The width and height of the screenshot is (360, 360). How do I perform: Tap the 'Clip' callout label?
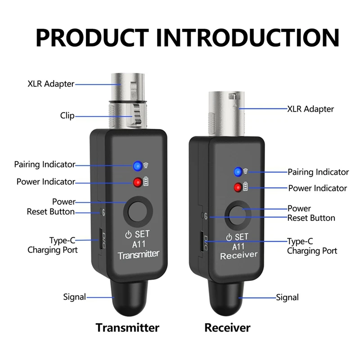click(x=67, y=116)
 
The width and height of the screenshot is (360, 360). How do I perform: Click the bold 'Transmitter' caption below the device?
click(x=127, y=327)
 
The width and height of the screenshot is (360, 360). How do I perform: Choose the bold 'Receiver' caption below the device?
click(x=228, y=327)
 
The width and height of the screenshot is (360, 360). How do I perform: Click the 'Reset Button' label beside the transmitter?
click(x=50, y=211)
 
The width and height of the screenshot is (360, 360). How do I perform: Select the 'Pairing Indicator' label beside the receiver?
click(x=318, y=172)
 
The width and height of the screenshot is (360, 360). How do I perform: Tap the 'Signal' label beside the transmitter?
click(x=74, y=297)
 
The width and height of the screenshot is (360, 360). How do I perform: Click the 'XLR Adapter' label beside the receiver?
click(x=310, y=109)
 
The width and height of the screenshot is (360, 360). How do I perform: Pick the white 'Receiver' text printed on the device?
click(x=238, y=255)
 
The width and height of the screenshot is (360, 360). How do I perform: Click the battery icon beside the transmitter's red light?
click(x=149, y=182)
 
